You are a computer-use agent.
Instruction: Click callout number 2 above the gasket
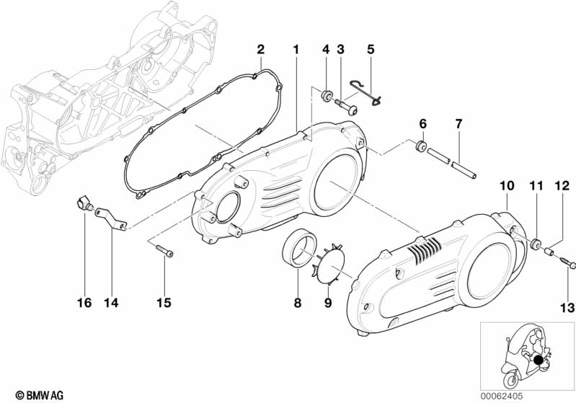pos(261,50)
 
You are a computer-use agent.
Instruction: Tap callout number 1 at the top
pos(296,50)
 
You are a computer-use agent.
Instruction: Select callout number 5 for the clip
pos(371,50)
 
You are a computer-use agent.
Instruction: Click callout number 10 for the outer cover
pos(506,185)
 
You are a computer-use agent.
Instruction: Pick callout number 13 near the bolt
pos(567,308)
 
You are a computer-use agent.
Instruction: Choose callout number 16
pos(84,303)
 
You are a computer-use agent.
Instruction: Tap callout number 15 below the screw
pos(164,303)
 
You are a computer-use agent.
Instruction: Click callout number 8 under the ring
pos(297,304)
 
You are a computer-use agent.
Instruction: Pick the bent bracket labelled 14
pos(111,217)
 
